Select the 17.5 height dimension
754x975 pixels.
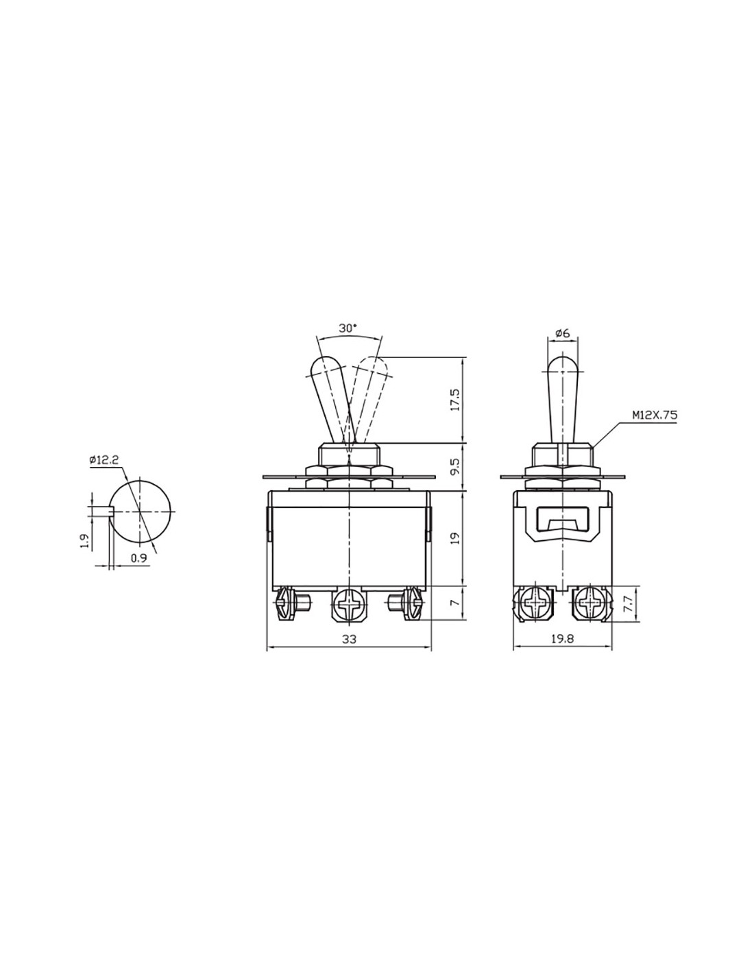point(456,400)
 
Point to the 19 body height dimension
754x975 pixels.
point(456,538)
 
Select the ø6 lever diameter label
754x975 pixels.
point(562,333)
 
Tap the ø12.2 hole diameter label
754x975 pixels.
point(104,459)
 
